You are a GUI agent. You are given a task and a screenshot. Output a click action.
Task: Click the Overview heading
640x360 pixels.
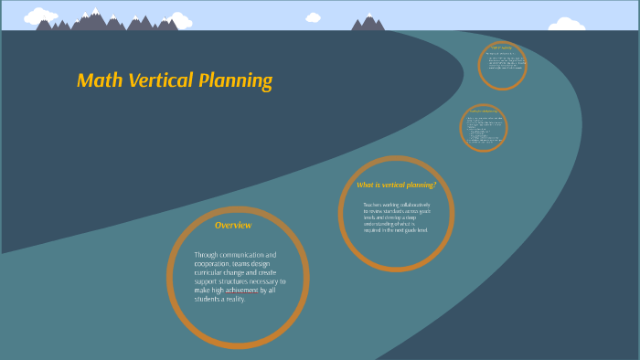point(233,225)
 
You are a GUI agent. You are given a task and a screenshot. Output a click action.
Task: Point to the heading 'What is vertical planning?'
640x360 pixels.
point(396,185)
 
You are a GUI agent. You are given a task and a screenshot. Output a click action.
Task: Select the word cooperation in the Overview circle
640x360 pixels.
point(214,263)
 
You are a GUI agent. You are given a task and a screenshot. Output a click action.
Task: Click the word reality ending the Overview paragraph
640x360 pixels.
point(235,299)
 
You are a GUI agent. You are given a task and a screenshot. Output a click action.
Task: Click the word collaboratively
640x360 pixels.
point(412,205)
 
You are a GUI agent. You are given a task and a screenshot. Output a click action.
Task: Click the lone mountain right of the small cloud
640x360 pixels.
point(368,22)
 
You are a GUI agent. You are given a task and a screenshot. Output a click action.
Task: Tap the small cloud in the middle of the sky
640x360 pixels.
point(314,17)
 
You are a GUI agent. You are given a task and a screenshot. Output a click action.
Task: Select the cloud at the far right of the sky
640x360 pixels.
point(566,25)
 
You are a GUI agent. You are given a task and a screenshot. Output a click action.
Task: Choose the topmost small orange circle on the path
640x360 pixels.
point(503,65)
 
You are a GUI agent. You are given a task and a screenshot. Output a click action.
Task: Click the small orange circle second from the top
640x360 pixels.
point(483,127)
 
